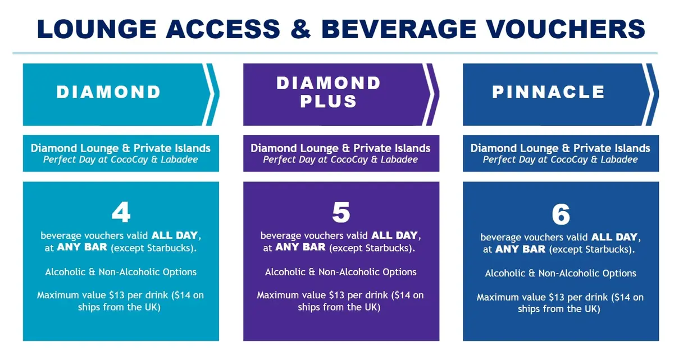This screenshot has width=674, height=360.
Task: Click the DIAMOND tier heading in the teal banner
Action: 108,92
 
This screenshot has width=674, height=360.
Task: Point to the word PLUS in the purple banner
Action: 329,101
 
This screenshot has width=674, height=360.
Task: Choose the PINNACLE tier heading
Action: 548,92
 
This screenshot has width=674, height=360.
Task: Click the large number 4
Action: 121,213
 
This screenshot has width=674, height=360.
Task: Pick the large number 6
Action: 561,215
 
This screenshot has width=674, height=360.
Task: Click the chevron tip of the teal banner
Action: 214,94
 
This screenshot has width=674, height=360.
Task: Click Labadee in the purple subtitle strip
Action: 399,160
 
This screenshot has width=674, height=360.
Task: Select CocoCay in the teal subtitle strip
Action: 138,160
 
